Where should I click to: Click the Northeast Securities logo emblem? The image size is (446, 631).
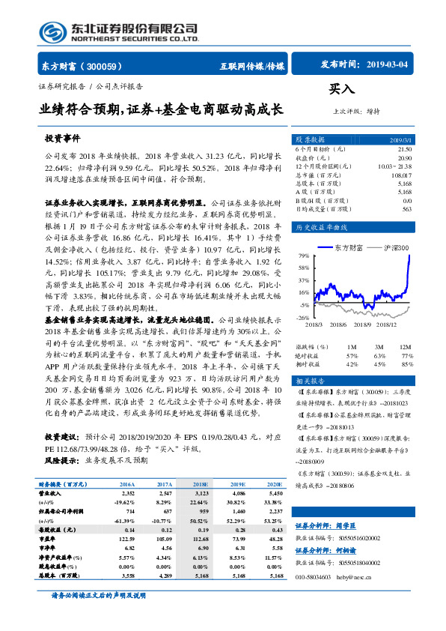[x=53, y=31]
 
